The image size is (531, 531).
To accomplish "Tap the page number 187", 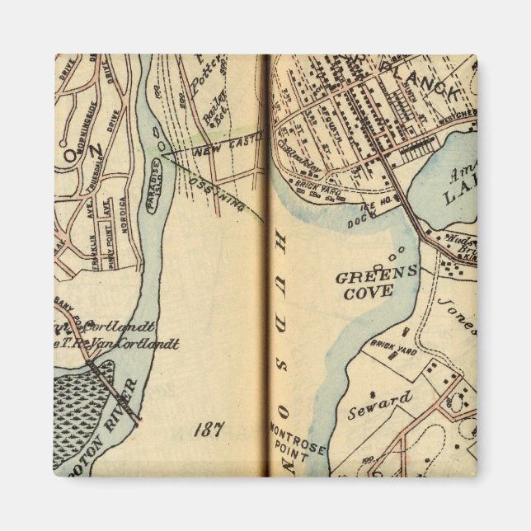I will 209,429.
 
